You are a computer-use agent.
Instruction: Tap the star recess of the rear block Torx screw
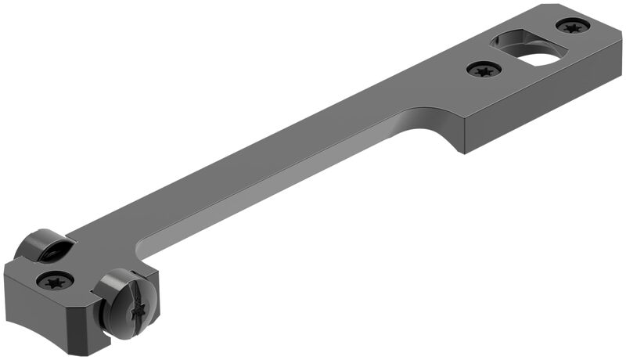[x=56, y=280]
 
